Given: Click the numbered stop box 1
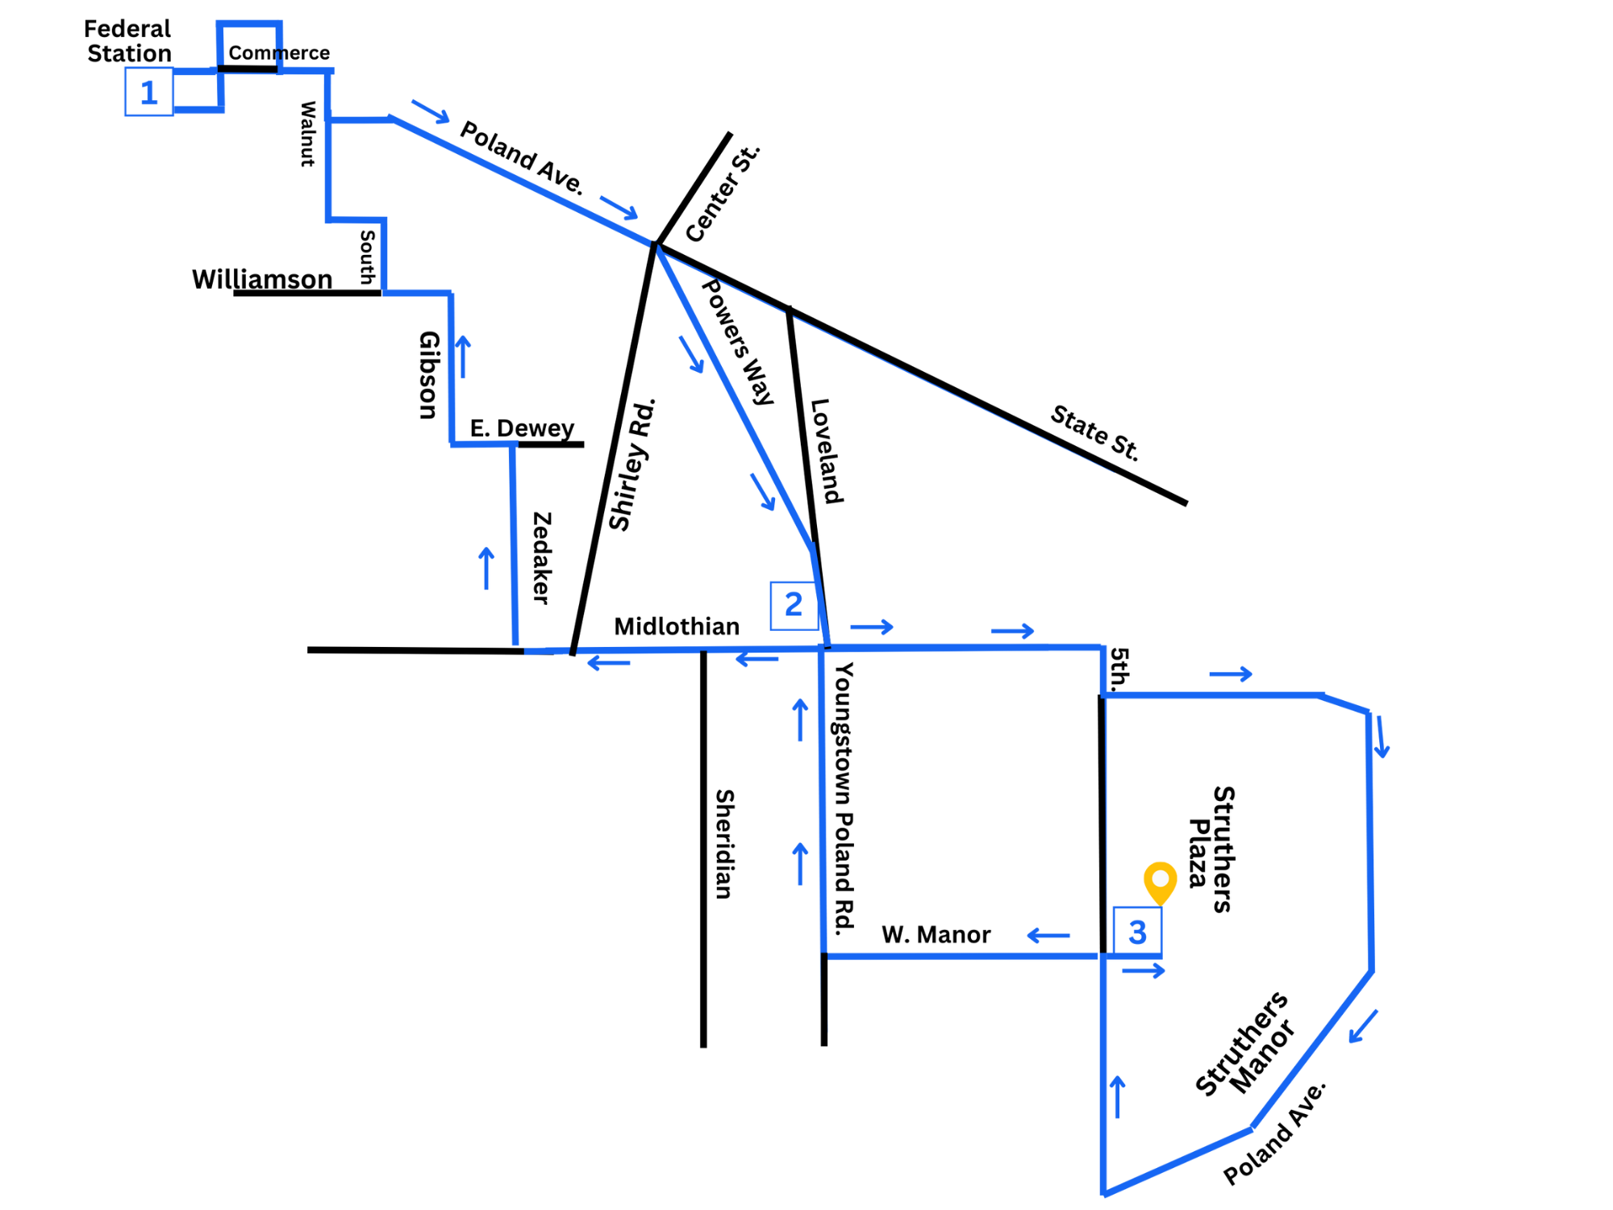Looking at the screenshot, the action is tap(149, 92).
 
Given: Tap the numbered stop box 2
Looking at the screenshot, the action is tap(794, 606).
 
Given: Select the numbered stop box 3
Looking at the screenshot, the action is tap(1137, 932).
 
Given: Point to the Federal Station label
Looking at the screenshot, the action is tap(128, 41).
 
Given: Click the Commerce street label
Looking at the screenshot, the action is tap(279, 52).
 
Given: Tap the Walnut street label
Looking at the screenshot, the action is tap(307, 134).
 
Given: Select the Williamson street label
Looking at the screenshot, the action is tap(262, 279).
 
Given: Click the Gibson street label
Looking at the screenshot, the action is tap(429, 375).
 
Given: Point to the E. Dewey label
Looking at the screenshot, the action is tap(522, 428).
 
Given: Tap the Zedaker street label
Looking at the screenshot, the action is tap(542, 557).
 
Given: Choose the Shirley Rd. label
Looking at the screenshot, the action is tap(632, 465).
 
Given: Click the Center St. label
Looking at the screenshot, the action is tap(723, 194).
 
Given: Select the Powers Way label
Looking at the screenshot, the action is tap(738, 342).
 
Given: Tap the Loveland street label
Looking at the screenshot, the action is tap(827, 451).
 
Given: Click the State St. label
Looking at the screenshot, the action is tap(1094, 433).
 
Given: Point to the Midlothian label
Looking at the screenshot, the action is tap(677, 627).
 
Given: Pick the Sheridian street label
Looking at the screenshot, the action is tap(724, 844).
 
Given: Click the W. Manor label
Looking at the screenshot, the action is tap(936, 935).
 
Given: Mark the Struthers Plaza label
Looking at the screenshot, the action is tap(1211, 849).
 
